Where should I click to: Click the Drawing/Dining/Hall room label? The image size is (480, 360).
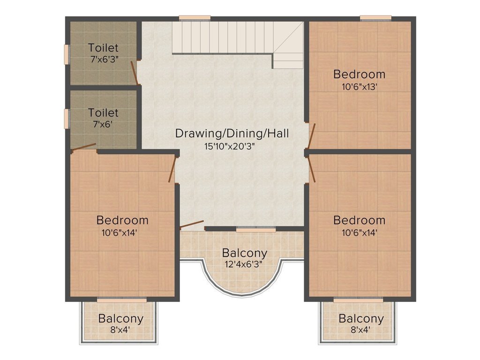click(232, 134)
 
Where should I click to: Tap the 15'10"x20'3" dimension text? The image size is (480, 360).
click(230, 146)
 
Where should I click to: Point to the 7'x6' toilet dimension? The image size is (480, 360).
click(103, 125)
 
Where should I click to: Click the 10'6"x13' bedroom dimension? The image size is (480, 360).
click(359, 87)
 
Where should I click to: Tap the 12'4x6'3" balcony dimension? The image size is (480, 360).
click(244, 264)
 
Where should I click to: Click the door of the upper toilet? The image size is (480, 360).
click(134, 73)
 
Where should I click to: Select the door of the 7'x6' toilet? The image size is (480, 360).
click(84, 147)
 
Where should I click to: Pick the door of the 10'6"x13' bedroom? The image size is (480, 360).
click(312, 136)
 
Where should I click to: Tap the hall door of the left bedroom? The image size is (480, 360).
click(172, 170)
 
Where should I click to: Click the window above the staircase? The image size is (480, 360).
click(195, 18)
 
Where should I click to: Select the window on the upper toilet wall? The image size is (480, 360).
click(66, 54)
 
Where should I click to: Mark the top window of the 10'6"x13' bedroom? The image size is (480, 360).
click(376, 18)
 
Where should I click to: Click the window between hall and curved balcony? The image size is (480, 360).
click(255, 229)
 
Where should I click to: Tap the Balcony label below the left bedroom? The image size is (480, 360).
click(120, 319)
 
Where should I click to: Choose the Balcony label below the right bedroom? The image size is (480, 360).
click(361, 319)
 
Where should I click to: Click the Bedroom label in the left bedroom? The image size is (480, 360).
click(122, 220)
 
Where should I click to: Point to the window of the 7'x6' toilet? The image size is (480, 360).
click(66, 119)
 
